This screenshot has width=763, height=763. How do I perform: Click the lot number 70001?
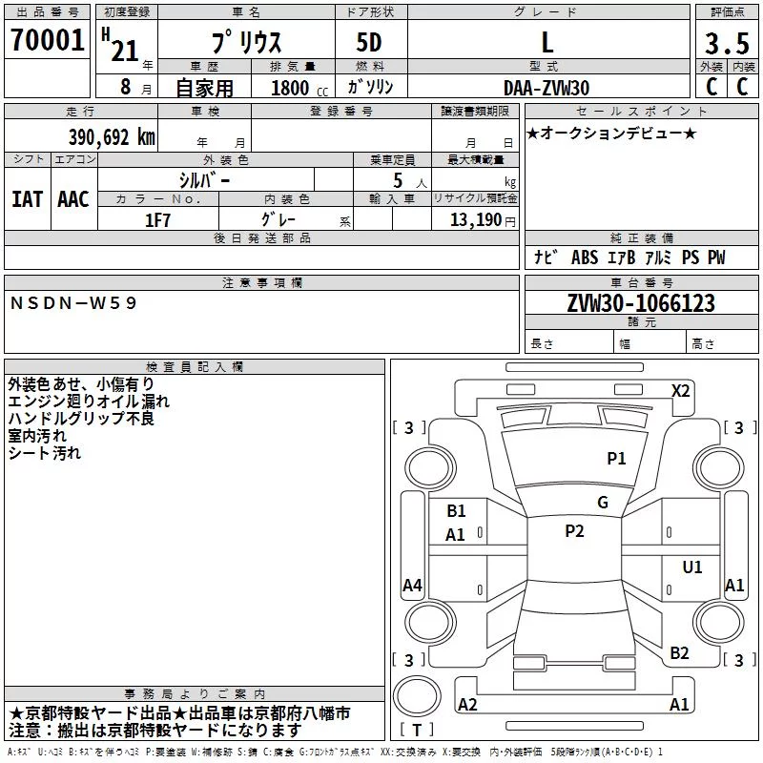point(47,40)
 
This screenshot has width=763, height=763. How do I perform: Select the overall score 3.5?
point(727,43)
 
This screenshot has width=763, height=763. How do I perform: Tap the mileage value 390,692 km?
point(112,137)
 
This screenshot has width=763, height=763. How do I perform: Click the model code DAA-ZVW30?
point(546,88)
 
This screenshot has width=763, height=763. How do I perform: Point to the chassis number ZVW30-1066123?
point(641,303)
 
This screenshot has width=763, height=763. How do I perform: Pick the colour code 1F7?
point(157,220)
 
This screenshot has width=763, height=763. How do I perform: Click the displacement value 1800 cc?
point(299,88)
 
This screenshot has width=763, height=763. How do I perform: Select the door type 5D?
point(369,43)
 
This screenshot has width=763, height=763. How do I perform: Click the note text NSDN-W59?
point(73,303)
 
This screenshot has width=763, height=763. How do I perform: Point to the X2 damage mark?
point(680,391)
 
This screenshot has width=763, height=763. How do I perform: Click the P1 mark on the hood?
point(616,458)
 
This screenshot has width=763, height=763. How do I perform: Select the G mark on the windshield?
point(603,502)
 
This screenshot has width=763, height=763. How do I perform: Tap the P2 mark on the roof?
point(574,531)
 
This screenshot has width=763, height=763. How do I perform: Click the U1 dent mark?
point(692,567)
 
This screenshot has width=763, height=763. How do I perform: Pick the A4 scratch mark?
point(412,585)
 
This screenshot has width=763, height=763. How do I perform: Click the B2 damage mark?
point(679,652)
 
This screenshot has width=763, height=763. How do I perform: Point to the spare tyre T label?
point(417,730)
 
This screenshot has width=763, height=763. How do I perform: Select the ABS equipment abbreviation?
point(585,258)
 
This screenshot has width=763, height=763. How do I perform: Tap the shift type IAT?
point(27,199)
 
